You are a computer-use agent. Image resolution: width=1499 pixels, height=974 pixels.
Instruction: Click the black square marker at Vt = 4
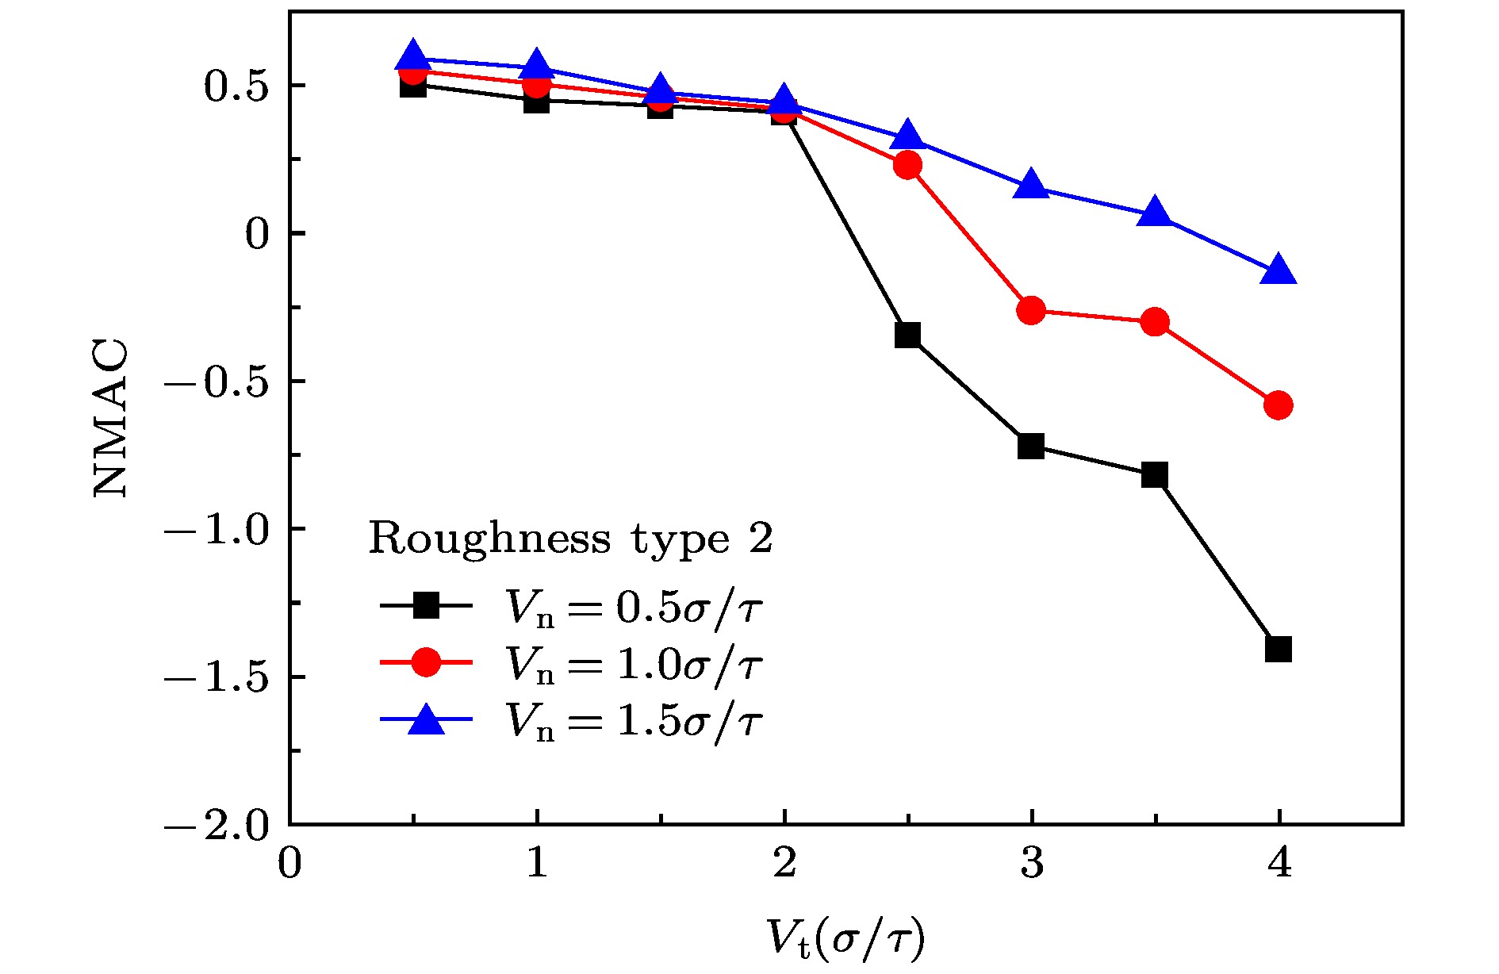click(x=1279, y=649)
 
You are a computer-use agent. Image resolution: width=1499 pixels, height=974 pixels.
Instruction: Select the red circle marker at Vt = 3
click(x=1031, y=310)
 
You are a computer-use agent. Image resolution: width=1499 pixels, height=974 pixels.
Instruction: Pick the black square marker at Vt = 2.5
click(x=907, y=335)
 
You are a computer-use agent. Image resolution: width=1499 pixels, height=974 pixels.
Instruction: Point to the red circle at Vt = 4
click(x=1279, y=405)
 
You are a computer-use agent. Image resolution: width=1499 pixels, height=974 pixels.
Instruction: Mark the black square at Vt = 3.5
click(x=1155, y=475)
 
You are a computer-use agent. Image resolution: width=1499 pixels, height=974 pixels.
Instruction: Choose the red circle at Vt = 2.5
click(x=907, y=165)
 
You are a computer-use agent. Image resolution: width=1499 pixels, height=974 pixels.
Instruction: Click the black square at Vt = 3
click(x=1031, y=446)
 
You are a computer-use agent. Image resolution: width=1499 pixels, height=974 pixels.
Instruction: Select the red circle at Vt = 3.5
click(x=1155, y=322)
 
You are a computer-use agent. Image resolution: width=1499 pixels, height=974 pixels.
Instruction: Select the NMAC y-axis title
click(x=110, y=418)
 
